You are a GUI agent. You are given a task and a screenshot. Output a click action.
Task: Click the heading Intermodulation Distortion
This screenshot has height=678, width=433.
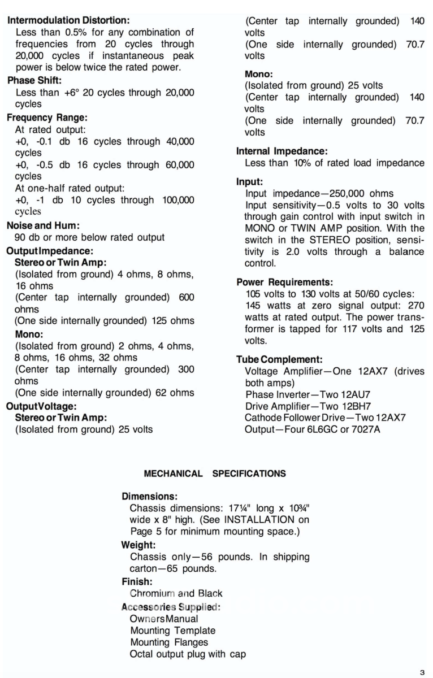(x=68, y=20)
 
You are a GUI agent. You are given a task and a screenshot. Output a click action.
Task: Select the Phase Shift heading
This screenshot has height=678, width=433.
(x=34, y=80)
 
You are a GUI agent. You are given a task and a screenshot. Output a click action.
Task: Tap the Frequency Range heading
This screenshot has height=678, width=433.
(x=47, y=118)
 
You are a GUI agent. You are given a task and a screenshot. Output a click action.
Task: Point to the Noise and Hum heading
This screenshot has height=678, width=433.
(x=43, y=225)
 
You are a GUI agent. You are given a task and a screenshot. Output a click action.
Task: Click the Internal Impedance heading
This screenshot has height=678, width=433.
(x=282, y=151)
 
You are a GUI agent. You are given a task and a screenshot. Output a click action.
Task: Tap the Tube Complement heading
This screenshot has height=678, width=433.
(x=279, y=359)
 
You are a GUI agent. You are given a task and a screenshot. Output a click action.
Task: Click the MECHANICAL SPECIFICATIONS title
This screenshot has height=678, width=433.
(x=215, y=473)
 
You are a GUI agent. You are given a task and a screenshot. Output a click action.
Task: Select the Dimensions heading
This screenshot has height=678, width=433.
(x=150, y=496)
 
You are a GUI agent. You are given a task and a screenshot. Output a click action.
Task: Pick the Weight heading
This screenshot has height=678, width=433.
(x=138, y=545)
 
